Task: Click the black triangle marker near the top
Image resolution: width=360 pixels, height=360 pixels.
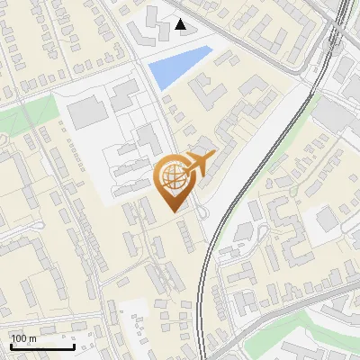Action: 182,24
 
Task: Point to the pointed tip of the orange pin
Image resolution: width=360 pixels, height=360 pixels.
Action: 174,212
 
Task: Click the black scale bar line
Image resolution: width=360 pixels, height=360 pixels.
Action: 41,346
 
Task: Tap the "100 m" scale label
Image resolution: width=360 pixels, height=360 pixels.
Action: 23,338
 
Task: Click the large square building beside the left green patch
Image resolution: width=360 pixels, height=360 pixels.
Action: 85,113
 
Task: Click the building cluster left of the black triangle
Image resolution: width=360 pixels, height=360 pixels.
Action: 144,32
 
